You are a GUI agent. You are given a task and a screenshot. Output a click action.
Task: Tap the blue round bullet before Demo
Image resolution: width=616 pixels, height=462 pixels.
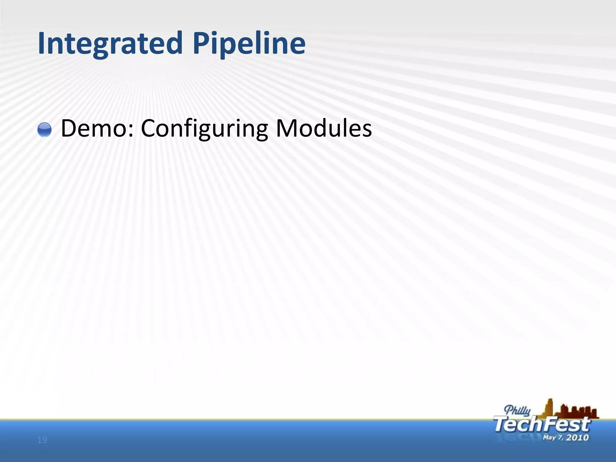point(45,130)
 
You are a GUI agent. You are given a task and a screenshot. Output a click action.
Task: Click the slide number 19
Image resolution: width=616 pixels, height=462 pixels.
point(42,440)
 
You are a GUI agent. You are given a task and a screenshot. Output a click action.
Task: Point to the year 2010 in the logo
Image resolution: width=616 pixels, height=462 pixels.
point(577,437)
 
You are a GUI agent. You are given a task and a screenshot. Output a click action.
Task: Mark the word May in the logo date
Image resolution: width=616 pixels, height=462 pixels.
point(549,437)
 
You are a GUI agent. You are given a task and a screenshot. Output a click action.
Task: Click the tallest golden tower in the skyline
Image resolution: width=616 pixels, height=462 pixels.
point(549,408)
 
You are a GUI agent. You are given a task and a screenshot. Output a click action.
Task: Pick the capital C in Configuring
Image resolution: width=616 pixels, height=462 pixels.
point(149,128)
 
